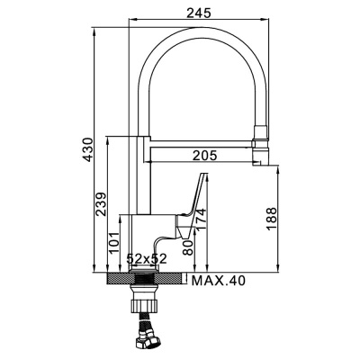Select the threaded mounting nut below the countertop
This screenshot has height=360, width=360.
(144, 295)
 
